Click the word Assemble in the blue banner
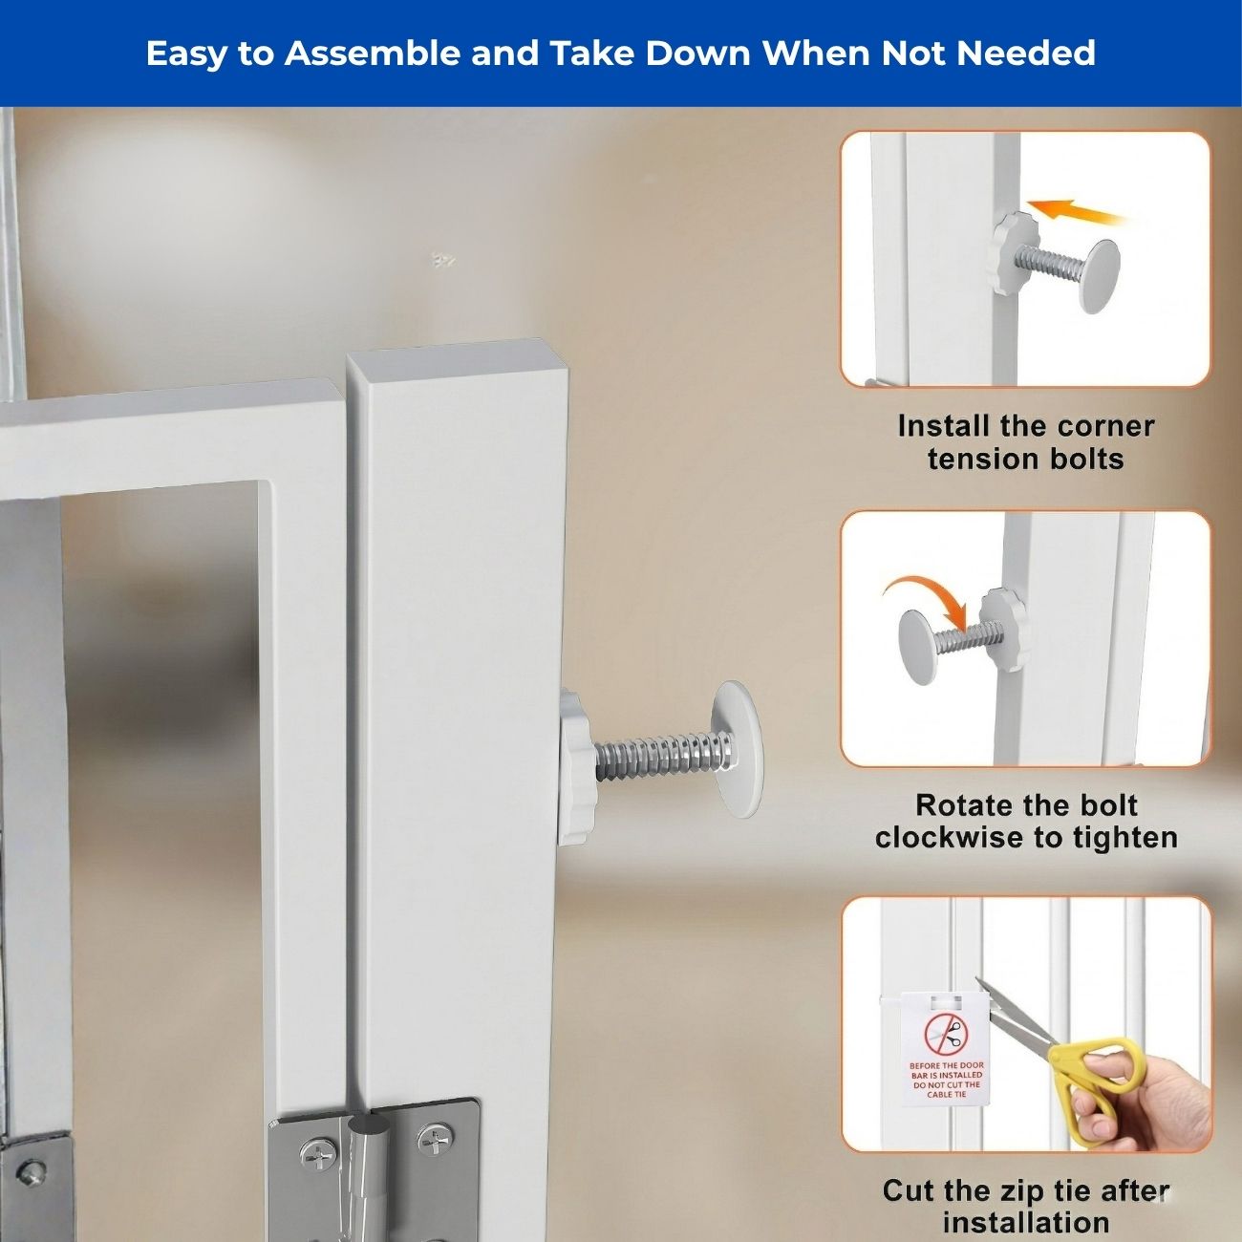(x=373, y=54)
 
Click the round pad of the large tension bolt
(x=737, y=750)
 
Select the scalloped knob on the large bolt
(x=573, y=765)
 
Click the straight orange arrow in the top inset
(x=1077, y=212)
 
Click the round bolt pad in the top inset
(x=1100, y=276)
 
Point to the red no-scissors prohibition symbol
(x=946, y=1035)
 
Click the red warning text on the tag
(x=946, y=1080)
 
